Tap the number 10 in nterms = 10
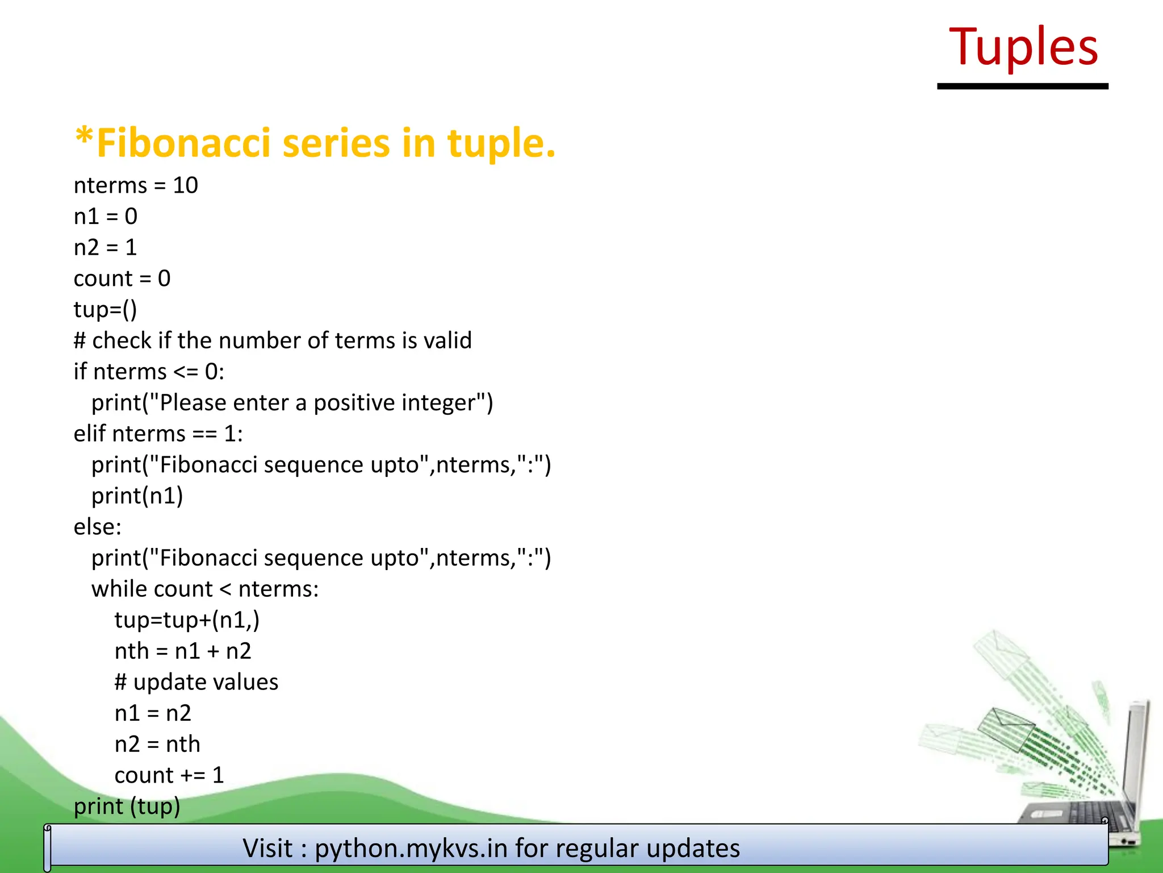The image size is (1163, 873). point(185,185)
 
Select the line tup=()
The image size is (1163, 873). point(106,310)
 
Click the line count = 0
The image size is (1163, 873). point(122,278)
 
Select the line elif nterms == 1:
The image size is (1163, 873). point(158,434)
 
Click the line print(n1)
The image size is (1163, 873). point(137,496)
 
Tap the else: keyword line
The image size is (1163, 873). point(98,527)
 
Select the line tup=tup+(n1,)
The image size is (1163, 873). point(187,620)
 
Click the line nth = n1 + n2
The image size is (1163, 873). point(183,651)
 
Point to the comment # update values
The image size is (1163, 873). point(196,682)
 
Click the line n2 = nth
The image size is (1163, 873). point(157,744)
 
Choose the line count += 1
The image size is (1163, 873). point(169,775)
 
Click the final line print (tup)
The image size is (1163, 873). point(127,807)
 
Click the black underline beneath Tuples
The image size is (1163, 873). point(1022,86)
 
